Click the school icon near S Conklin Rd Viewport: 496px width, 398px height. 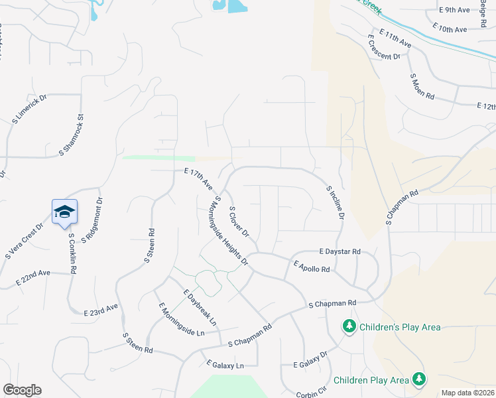(64, 212)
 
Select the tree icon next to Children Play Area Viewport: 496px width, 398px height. (418, 379)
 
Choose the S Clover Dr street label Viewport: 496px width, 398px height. (238, 222)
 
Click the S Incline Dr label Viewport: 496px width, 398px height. (336, 202)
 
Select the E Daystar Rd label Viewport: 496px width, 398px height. (339, 252)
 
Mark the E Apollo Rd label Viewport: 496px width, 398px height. (312, 267)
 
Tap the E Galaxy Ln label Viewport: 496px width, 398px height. (225, 365)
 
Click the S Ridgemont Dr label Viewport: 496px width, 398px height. (92, 219)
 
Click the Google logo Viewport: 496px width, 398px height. (22, 390)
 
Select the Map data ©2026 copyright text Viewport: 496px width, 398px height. (467, 393)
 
